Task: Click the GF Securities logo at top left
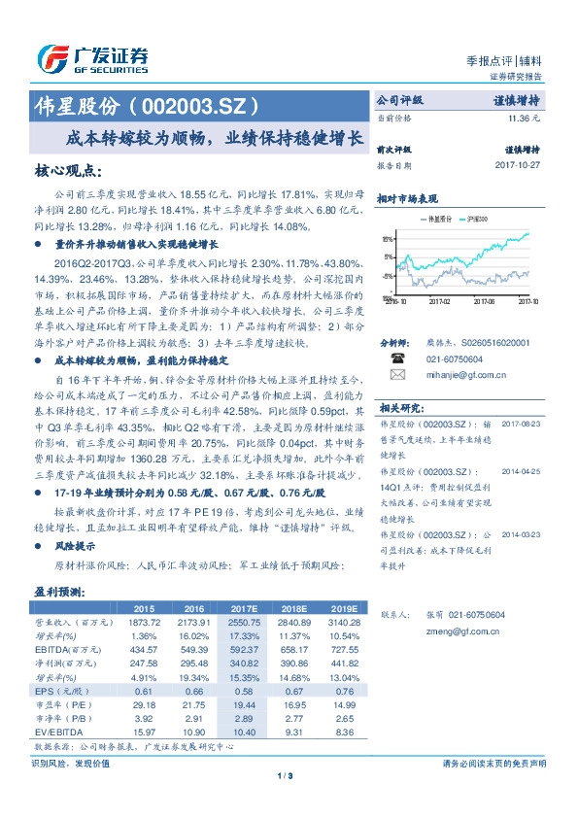click(x=92, y=56)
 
